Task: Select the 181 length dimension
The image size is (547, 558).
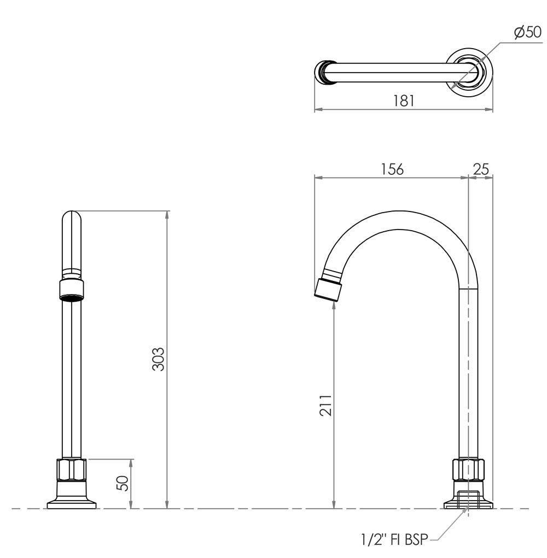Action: (x=404, y=101)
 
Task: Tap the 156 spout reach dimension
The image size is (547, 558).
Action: (x=392, y=169)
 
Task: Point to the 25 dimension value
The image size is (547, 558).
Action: (x=481, y=169)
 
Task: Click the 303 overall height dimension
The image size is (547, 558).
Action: (x=158, y=359)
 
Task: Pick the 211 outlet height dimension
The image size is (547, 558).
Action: (x=325, y=405)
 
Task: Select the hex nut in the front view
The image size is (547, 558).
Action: (x=72, y=470)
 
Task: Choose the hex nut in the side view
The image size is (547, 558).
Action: (x=468, y=469)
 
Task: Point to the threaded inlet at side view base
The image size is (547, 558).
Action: (x=468, y=499)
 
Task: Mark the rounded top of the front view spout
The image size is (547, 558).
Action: (x=72, y=215)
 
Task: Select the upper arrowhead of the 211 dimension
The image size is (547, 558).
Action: (x=334, y=308)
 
